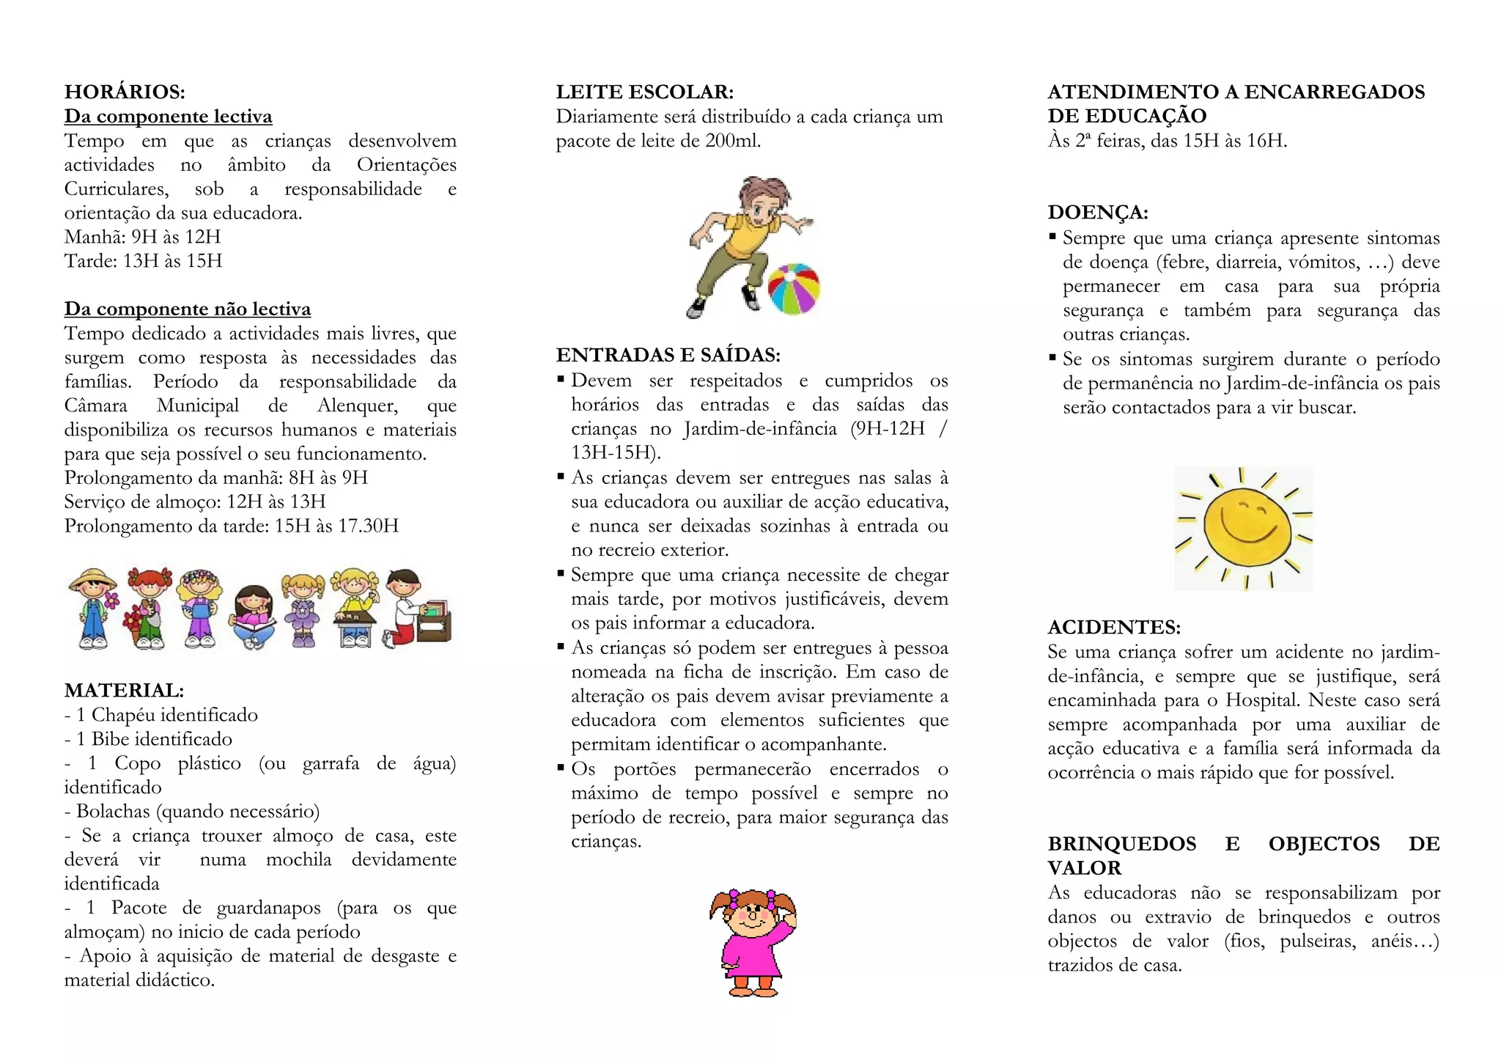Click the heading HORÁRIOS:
coord(125,92)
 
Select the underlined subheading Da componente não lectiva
coord(187,309)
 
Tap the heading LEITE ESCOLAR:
coord(644,92)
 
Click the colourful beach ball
coord(794,289)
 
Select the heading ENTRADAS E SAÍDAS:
coord(668,355)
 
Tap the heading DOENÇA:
coord(1097,212)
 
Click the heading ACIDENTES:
coord(1114,627)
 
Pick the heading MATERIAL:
coord(124,690)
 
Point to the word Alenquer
coord(357,405)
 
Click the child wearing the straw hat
coord(93,608)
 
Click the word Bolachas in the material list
coord(113,811)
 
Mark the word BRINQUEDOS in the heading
coord(1121,843)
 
